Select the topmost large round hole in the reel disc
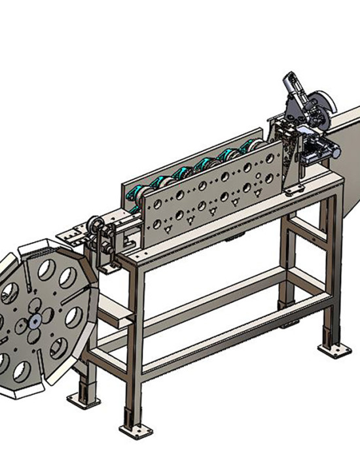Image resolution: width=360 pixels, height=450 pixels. pyautogui.click(x=46, y=269)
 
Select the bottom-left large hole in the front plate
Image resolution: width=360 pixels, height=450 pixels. pyautogui.click(x=156, y=225)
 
